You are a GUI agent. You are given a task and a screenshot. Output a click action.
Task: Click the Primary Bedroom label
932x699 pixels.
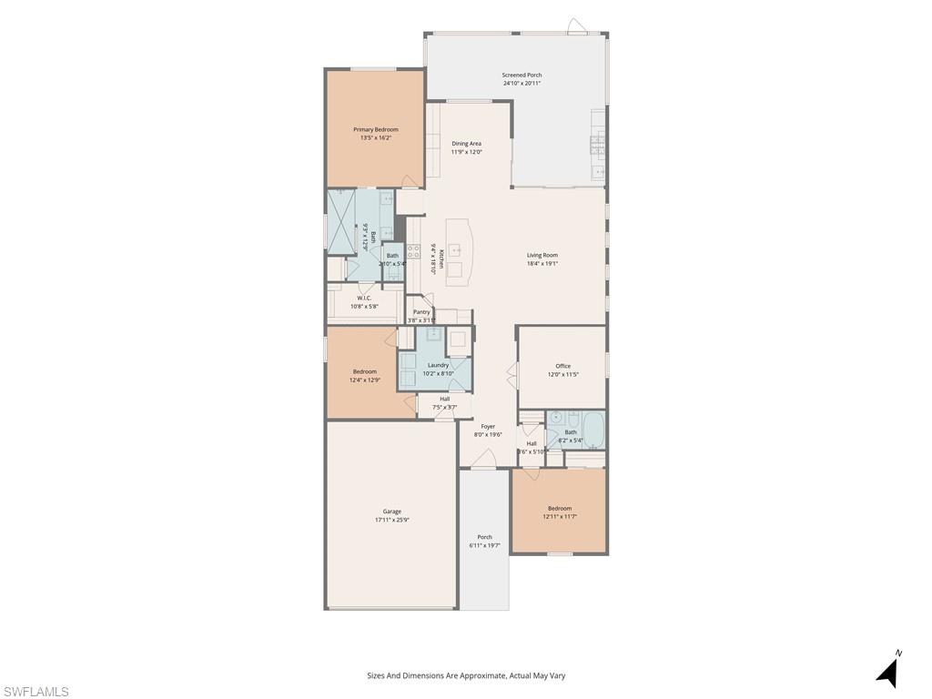376,129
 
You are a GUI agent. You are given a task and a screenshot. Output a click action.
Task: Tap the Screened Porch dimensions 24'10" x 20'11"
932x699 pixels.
522,84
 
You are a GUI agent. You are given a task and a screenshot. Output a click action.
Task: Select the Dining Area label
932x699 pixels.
467,143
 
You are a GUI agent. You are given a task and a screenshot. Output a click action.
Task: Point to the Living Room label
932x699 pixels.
542,255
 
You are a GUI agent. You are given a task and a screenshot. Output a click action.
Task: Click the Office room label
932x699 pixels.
563,366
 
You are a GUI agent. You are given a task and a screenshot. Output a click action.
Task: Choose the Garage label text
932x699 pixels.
392,512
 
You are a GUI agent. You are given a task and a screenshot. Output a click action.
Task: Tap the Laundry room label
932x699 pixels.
438,365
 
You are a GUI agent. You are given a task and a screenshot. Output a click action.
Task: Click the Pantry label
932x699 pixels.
421,311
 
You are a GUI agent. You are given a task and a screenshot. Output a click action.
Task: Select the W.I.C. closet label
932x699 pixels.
364,298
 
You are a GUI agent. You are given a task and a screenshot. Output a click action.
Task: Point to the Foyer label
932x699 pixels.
489,426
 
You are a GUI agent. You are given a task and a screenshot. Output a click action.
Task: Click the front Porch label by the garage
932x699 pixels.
485,537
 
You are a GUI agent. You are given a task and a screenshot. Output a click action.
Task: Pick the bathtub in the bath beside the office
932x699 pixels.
593,430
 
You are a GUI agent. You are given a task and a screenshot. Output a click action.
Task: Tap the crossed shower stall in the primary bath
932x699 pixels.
342,223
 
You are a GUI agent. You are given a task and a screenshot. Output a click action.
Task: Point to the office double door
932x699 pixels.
512,374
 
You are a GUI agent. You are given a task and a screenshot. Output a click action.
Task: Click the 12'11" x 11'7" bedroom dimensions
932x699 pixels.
560,517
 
